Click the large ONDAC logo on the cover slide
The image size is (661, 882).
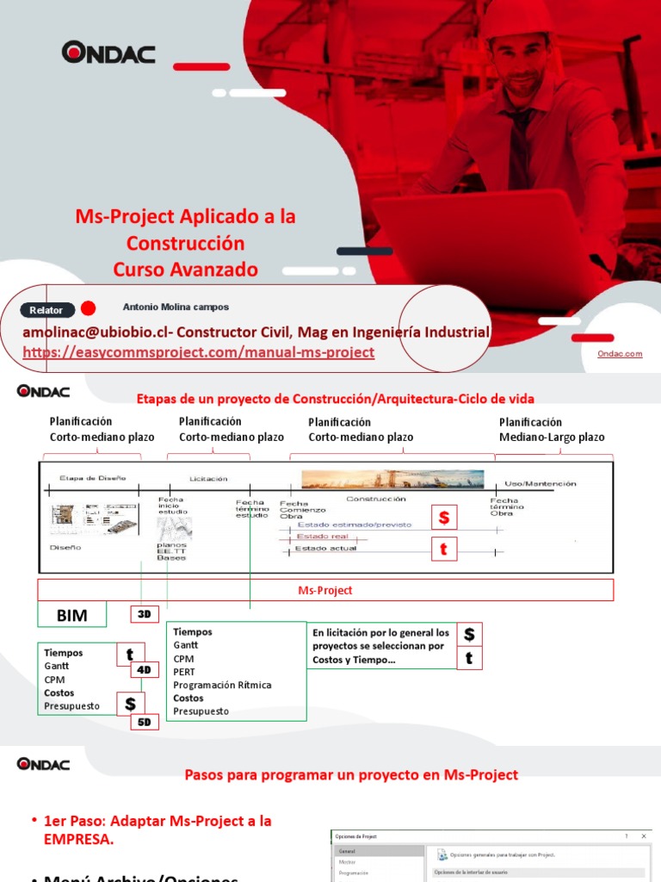tap(108, 53)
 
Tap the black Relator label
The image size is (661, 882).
tap(46, 309)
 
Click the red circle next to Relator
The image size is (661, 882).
tap(89, 308)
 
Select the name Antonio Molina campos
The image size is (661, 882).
tap(176, 307)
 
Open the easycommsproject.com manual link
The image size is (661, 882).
tap(198, 352)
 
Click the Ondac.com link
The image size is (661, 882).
tap(620, 353)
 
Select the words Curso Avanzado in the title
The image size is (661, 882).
tap(185, 270)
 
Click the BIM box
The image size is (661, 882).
tap(72, 615)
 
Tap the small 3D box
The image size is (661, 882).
tap(144, 614)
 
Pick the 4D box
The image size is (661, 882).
tap(144, 669)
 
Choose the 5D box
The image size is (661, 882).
tap(144, 723)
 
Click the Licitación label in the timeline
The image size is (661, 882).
tap(208, 478)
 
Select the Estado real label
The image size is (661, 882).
tap(318, 536)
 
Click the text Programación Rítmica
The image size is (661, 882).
tap(222, 685)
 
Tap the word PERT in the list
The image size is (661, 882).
tap(184, 672)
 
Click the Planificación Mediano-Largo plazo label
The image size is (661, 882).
tap(552, 430)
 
